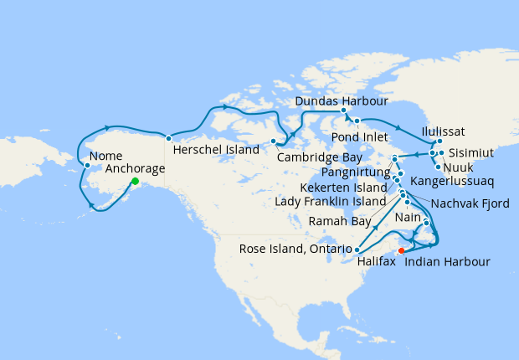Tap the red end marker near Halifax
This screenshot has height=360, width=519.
point(402,249)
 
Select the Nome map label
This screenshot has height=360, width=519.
point(105,156)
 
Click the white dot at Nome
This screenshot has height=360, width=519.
point(87,165)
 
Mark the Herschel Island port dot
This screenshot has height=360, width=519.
point(168,138)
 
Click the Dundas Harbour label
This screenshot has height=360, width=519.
point(342,100)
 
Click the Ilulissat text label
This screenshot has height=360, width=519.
point(444,131)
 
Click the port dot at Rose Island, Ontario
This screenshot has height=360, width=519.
point(357,249)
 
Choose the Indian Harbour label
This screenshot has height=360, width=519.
point(448,262)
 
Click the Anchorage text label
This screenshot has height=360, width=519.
point(136,167)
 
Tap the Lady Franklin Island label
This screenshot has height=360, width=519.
point(333,203)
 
